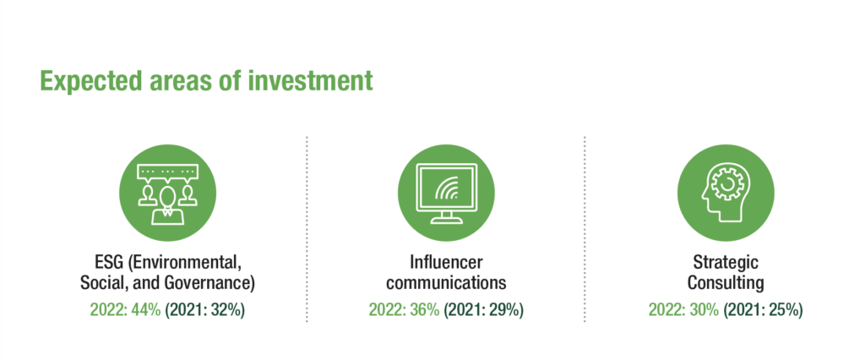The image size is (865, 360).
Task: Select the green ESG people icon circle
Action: pyautogui.click(x=168, y=194)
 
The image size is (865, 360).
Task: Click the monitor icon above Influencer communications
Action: pyautogui.click(x=446, y=194)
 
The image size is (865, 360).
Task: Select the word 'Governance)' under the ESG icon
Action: pyautogui.click(x=210, y=283)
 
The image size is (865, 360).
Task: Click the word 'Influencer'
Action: pyautogui.click(x=446, y=262)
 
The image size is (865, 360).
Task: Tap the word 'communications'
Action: pyautogui.click(x=446, y=283)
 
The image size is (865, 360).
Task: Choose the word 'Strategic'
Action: pyautogui.click(x=726, y=262)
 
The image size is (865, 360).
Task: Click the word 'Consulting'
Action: pyautogui.click(x=726, y=283)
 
